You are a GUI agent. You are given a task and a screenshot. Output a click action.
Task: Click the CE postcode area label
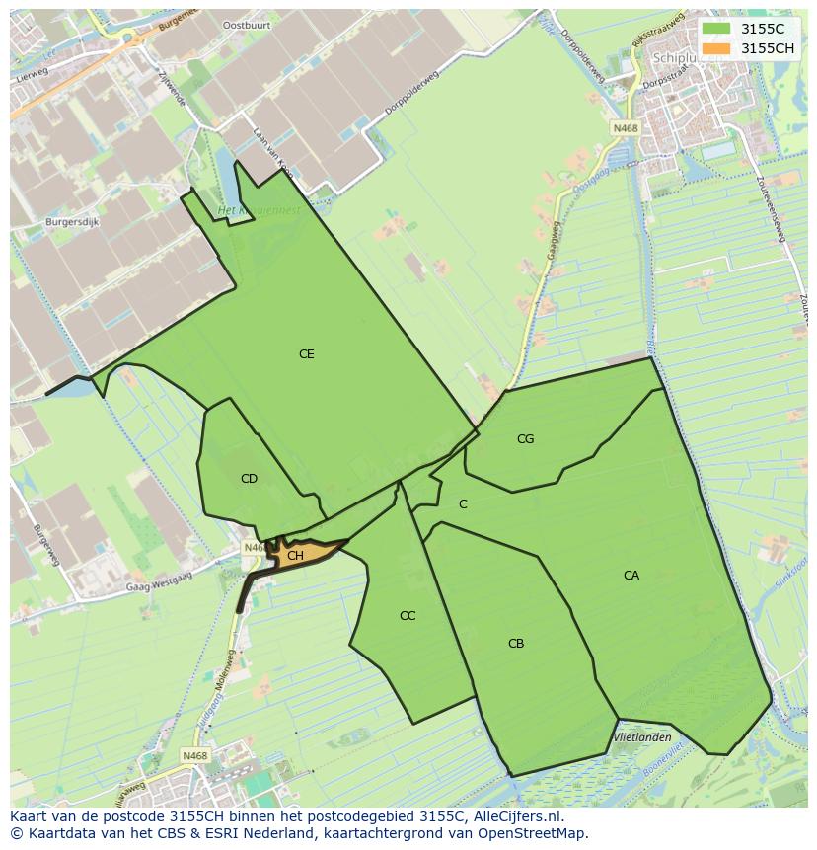point(307,353)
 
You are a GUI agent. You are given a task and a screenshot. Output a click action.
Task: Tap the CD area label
point(249,479)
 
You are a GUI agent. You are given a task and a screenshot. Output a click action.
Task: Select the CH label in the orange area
point(295,556)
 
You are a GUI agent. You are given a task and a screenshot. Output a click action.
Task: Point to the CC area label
point(408,616)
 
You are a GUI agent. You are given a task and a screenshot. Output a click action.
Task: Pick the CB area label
point(516,644)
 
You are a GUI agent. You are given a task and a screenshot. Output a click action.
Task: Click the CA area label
point(631,576)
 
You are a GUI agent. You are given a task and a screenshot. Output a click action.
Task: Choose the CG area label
point(526,439)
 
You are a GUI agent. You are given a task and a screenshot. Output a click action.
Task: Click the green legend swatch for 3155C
point(717,29)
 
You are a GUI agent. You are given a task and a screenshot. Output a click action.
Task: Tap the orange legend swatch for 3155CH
point(717,48)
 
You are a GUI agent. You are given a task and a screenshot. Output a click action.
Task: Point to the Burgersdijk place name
point(72,223)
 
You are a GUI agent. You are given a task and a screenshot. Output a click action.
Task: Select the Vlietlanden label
point(642,737)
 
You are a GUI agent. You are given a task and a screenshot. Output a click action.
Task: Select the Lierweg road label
point(32,75)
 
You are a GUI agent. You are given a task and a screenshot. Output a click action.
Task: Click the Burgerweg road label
point(43,544)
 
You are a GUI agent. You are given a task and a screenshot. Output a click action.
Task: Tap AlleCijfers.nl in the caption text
point(514,816)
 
